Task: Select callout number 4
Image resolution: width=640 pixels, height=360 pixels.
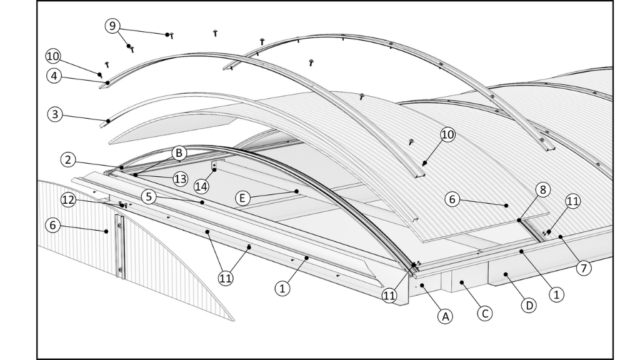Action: pos(54,76)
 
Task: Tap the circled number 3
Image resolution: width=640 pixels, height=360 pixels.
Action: pos(54,114)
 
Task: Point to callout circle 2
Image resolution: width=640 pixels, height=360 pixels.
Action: pos(68,159)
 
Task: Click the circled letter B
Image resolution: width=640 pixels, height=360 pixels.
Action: pos(179,152)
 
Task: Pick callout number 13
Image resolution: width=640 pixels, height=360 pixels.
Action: pos(181,179)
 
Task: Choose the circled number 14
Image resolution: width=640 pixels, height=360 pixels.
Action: pos(200,186)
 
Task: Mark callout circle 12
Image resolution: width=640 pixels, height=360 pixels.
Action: pos(69,199)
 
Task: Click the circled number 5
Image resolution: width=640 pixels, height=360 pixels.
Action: pos(148,196)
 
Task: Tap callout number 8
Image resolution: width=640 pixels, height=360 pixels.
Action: pos(542,189)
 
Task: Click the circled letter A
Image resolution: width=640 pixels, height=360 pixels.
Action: pos(445,317)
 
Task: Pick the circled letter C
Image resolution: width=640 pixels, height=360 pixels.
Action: pos(484,312)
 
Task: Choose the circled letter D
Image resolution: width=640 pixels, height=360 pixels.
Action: pos(528,306)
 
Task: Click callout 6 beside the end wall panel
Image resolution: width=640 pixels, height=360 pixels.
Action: pos(54,226)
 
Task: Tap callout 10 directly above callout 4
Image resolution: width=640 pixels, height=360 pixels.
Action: pos(54,56)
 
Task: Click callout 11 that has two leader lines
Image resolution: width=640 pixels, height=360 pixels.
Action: pos(226,278)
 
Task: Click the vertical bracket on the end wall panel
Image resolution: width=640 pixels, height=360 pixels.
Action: pos(119,246)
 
